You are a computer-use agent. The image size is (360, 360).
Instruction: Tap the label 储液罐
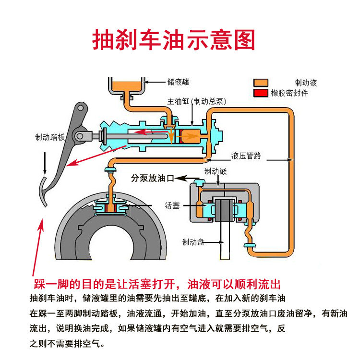click(x=179, y=82)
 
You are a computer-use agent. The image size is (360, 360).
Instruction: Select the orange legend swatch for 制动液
click(x=260, y=83)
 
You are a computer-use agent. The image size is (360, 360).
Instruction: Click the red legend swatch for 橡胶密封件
click(x=260, y=92)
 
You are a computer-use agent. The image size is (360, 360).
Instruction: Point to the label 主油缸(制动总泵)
click(x=196, y=102)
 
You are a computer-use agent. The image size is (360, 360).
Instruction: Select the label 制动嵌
click(x=216, y=171)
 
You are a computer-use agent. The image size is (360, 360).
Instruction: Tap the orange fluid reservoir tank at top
click(x=127, y=86)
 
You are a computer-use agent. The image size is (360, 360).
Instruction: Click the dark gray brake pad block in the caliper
click(x=221, y=210)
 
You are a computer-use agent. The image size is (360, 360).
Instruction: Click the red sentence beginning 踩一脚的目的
click(x=156, y=283)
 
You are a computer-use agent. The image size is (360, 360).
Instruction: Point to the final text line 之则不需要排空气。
click(x=67, y=344)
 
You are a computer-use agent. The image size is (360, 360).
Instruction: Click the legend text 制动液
click(x=306, y=83)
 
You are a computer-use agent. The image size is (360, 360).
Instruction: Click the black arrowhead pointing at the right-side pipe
click(x=290, y=159)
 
